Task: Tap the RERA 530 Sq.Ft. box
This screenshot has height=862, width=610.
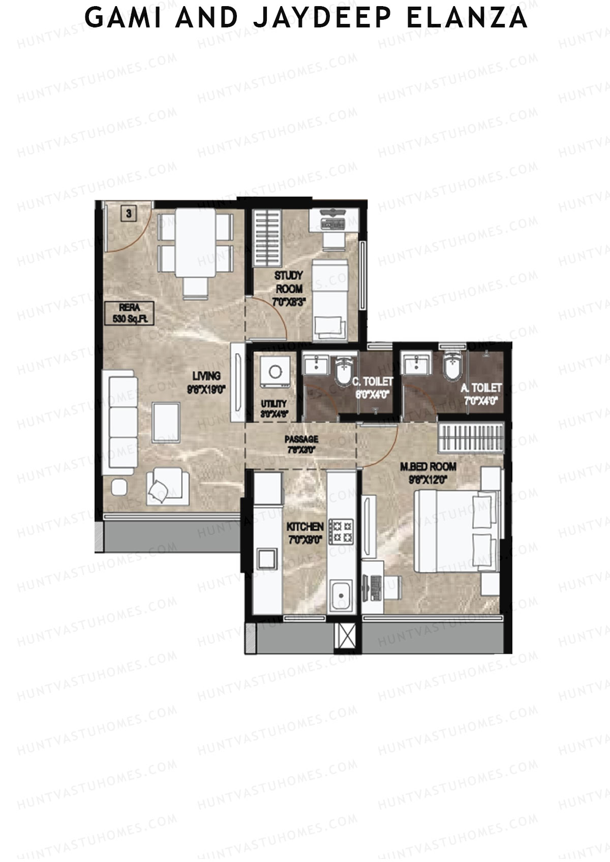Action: click(x=129, y=313)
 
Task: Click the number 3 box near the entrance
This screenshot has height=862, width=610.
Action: click(x=129, y=214)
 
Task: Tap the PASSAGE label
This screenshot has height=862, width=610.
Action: click(x=301, y=443)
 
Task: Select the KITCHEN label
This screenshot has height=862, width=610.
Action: click(x=305, y=532)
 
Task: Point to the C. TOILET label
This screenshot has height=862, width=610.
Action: click(x=373, y=387)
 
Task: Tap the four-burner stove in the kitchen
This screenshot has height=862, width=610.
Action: click(x=341, y=532)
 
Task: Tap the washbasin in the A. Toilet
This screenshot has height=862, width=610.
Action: click(x=416, y=364)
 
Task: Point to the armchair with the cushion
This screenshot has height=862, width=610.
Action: click(x=167, y=488)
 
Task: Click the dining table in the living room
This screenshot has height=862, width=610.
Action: click(x=195, y=242)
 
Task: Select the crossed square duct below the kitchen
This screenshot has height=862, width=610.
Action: click(x=348, y=635)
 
